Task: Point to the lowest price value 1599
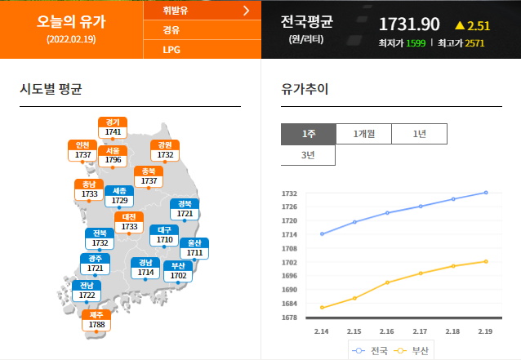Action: [416, 42]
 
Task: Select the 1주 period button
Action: [308, 134]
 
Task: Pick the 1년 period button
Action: [419, 134]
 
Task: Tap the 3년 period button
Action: [308, 154]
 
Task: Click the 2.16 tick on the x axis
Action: [386, 332]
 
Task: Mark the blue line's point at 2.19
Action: [486, 193]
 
